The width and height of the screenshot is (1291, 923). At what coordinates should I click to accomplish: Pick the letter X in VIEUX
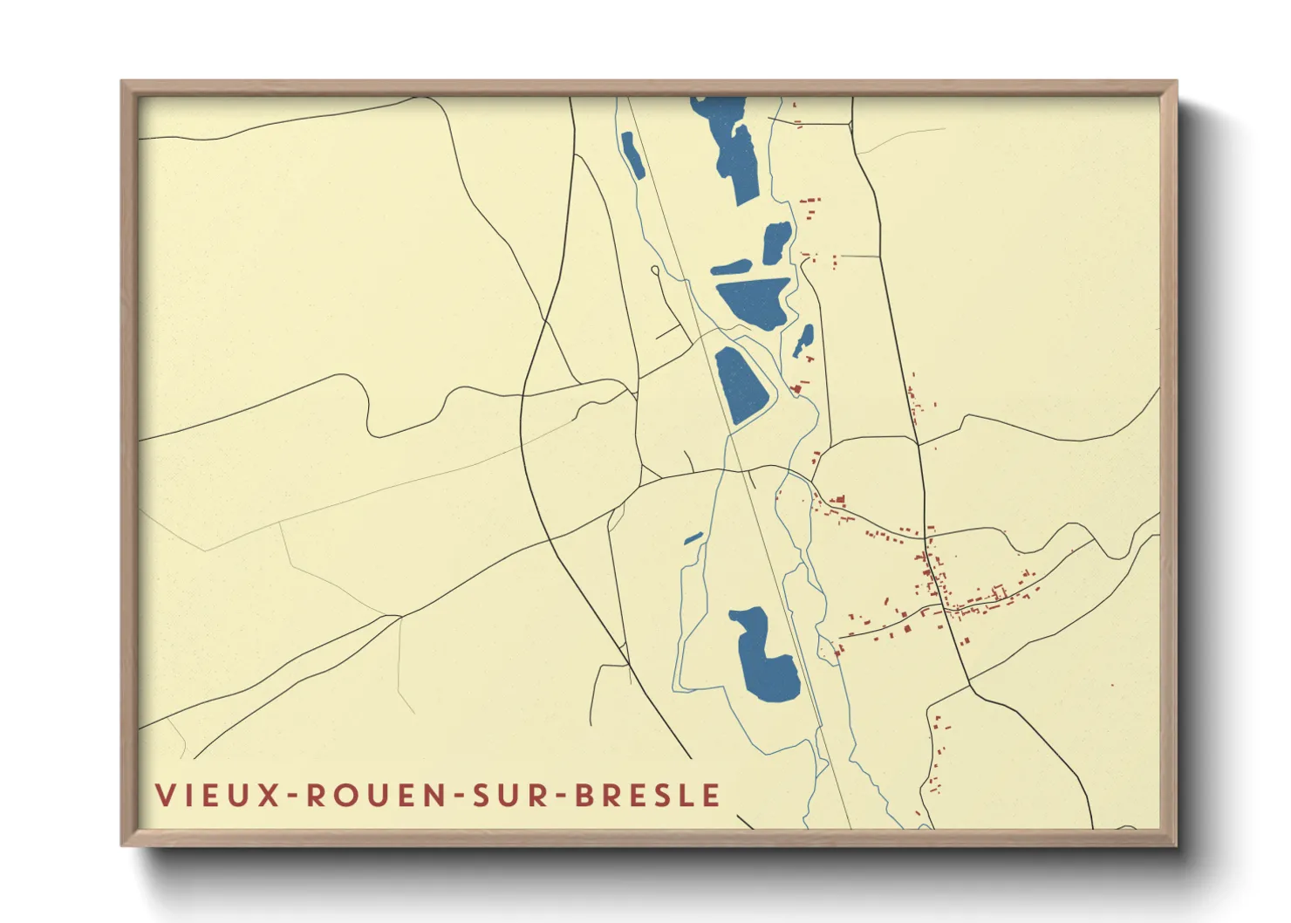coord(269,795)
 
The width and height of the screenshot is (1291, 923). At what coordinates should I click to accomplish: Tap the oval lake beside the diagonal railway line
coord(741,386)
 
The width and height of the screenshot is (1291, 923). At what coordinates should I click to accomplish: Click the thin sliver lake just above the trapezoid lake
coord(731,267)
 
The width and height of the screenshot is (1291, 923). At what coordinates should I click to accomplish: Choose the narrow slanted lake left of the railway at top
coord(632,155)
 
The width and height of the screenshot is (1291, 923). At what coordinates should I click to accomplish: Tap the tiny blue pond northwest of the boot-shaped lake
coord(693,538)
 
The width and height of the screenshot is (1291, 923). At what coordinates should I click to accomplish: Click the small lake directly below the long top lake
coord(776,242)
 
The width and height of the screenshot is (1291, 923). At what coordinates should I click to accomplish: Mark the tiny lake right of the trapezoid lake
coord(803,339)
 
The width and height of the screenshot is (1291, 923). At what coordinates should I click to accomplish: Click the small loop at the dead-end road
coord(655,270)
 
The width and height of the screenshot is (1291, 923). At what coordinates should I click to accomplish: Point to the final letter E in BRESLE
coord(713,795)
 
